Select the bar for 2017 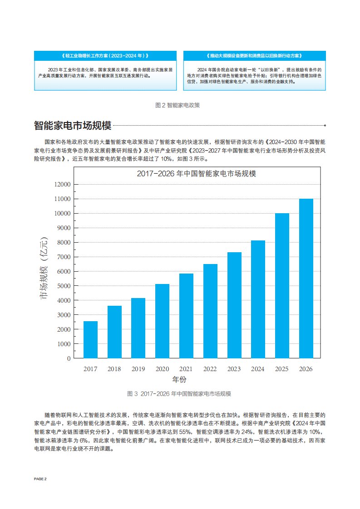point(90,339)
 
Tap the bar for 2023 point(234,305)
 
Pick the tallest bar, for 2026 point(306,278)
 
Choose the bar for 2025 point(282,285)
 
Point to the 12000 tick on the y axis point(63,184)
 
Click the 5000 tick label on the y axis point(63,286)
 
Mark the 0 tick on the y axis point(69,358)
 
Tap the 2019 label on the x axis point(138,369)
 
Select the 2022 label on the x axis point(210,369)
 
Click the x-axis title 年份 point(179,379)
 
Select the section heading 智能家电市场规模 point(73,125)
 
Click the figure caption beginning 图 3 point(179,393)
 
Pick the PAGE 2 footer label point(40,479)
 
